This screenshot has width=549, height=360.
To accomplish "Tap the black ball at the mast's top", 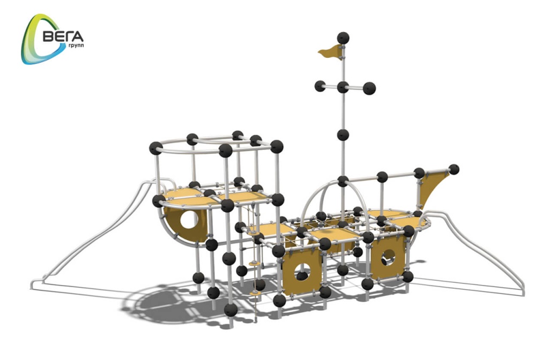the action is (343, 38).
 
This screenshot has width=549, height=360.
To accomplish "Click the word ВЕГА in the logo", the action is (63, 36).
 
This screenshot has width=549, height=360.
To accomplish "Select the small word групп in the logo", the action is (76, 46).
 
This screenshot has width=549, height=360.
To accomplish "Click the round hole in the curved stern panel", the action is (189, 219).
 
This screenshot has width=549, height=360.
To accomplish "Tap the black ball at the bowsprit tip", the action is (454, 169).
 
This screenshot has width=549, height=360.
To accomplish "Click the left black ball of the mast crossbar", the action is (320, 86).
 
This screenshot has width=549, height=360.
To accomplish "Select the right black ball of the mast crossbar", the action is (369, 88).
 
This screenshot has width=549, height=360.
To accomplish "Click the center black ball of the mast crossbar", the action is (343, 87).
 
